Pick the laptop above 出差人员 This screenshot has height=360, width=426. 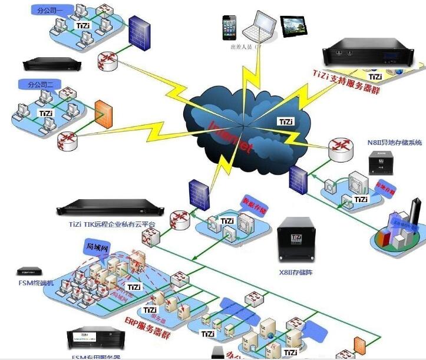point(260,27)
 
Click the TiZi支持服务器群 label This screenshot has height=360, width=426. point(346,82)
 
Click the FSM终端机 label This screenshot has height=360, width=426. point(36,283)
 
